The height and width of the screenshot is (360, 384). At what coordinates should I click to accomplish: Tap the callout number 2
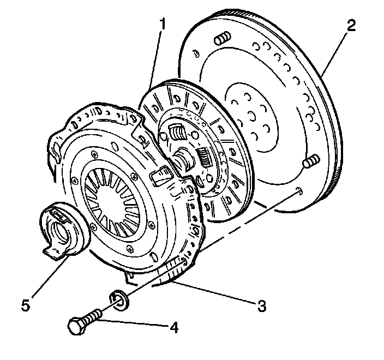[x=350, y=24]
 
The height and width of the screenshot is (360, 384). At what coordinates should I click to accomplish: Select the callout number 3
[x=262, y=305]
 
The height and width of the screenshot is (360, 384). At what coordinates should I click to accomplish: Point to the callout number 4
[x=173, y=328]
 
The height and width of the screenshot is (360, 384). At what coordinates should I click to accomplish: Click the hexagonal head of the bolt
[x=77, y=327]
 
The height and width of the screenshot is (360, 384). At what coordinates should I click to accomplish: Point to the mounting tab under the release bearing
[x=53, y=253]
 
